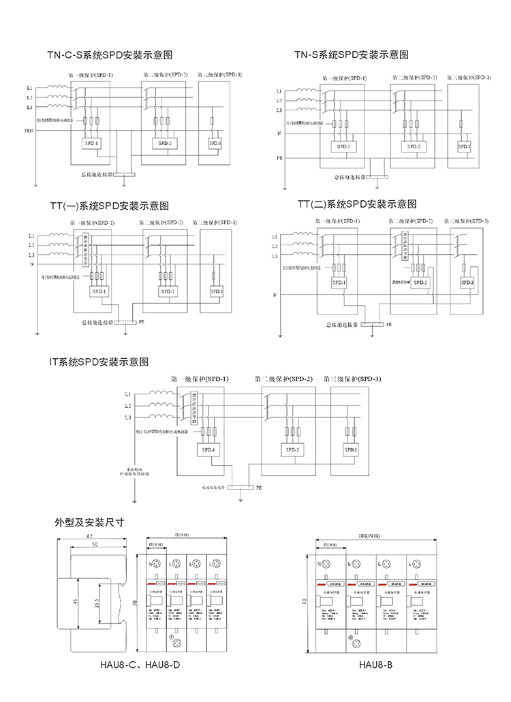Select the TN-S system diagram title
point(352,54)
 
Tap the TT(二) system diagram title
point(357,204)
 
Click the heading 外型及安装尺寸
point(89,522)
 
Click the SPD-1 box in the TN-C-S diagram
point(91,143)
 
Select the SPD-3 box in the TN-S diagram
point(464,146)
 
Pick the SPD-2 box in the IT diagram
point(293,450)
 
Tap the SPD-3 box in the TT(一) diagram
point(217,291)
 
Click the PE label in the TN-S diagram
point(279,158)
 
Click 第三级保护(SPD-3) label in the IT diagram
point(352,379)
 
